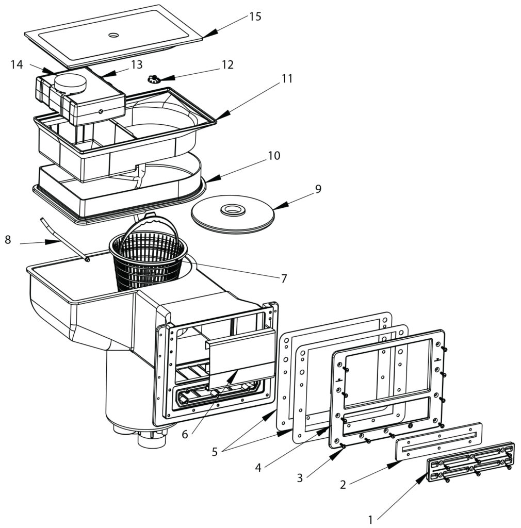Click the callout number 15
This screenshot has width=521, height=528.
point(255,16)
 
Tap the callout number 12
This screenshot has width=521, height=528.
point(227,64)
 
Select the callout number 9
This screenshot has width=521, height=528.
point(318,189)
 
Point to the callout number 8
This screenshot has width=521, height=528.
point(8,240)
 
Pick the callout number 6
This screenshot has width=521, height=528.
point(185,434)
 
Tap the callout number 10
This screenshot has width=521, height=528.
point(274,156)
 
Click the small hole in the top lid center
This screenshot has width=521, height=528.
point(114,35)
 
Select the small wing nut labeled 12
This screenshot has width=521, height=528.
point(154,79)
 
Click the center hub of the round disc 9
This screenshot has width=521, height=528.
point(233,210)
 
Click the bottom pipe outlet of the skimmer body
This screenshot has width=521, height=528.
point(152,440)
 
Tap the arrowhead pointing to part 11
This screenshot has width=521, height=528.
point(223,114)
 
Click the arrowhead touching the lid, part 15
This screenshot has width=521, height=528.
point(210,33)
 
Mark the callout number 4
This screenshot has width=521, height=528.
point(258,468)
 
